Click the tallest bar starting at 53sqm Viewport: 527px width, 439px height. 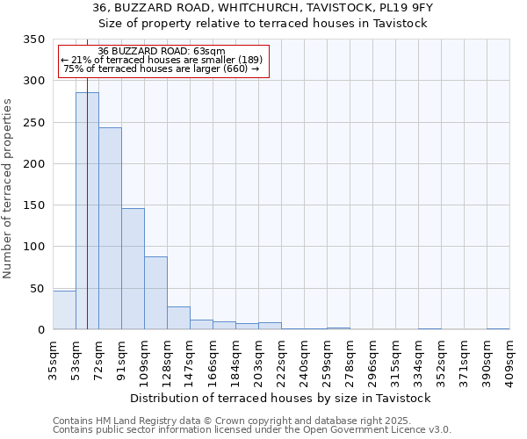pos(87,211)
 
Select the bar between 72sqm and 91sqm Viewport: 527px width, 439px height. pos(110,228)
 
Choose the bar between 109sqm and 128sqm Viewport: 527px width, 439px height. pos(155,293)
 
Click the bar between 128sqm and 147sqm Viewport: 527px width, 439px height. pos(178,318)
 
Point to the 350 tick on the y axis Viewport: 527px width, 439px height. pos(33,40)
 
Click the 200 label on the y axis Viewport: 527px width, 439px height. pos(33,164)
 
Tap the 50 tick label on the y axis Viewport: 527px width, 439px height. pos(37,289)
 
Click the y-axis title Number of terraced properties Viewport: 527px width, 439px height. pos(8,188)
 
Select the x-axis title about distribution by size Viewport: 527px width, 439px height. pos(286,398)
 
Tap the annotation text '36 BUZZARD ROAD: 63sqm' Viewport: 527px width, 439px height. pos(162,51)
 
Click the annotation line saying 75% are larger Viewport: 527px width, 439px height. pos(162,68)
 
